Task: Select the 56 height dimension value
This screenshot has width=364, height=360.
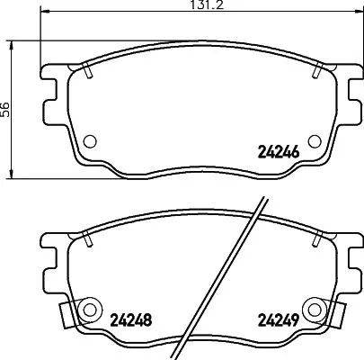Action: click(7, 108)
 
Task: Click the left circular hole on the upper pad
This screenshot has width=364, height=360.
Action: click(90, 140)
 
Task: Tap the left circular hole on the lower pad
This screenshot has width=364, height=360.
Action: click(90, 307)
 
